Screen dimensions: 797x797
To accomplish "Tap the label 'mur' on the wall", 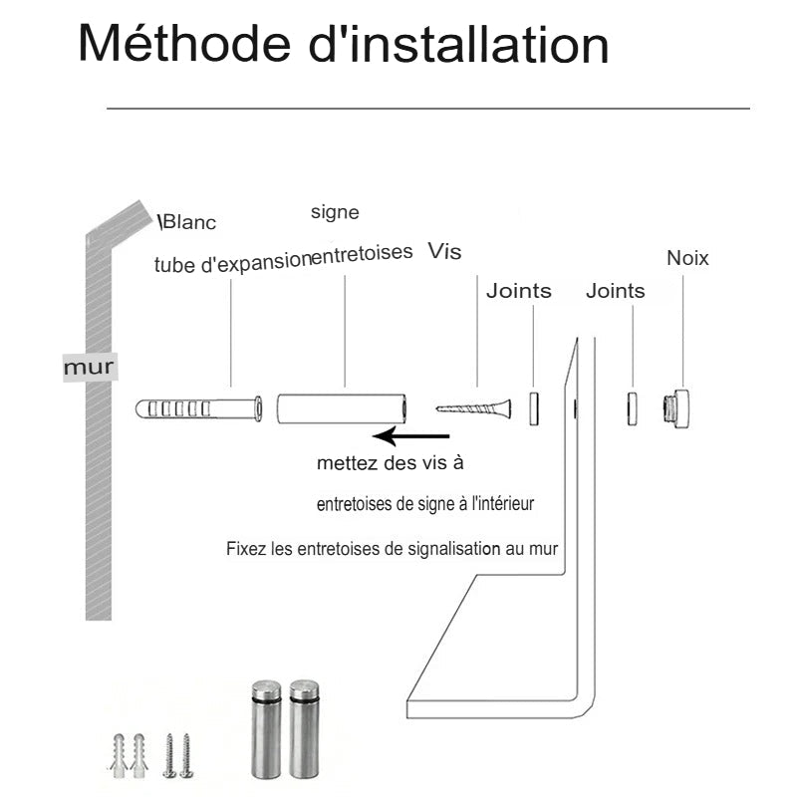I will tap(89, 368).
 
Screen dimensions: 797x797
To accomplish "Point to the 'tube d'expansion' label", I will tap(232, 264).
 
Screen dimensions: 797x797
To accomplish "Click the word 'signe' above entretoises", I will tap(335, 212).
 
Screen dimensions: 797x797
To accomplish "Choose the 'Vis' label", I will tap(444, 251).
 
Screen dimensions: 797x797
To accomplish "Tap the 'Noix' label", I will tap(687, 258).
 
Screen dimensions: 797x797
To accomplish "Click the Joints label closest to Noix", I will tap(615, 291).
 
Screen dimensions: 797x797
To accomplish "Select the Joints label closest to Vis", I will tap(518, 291).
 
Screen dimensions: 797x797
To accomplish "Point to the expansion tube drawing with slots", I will tap(198, 408).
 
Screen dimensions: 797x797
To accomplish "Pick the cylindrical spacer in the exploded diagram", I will tap(342, 408).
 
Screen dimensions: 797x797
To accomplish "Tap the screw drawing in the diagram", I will tap(474, 407).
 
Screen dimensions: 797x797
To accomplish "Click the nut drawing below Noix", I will tap(677, 408).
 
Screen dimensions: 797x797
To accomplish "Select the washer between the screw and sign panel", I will tap(533, 408).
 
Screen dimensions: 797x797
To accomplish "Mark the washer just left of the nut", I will tap(633, 408).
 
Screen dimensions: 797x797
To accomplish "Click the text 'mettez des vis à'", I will tap(390, 463).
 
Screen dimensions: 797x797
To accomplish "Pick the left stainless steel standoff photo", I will tap(266, 727).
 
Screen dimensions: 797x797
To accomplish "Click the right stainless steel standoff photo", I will tap(304, 727).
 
